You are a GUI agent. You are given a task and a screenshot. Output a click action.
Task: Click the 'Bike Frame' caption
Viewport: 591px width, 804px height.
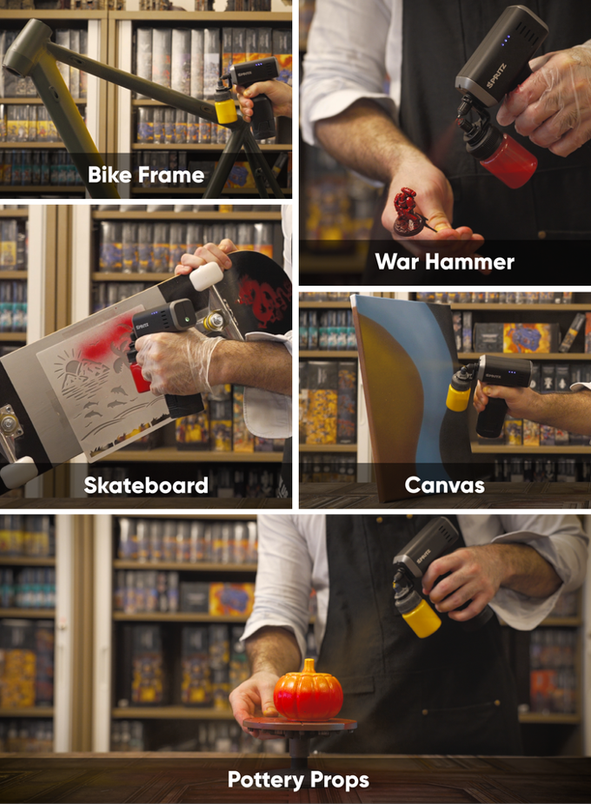click(x=146, y=175)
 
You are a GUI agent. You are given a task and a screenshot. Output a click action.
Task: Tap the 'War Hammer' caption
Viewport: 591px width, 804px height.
click(x=444, y=261)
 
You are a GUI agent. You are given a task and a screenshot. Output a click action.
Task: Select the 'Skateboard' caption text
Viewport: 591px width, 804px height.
click(x=146, y=485)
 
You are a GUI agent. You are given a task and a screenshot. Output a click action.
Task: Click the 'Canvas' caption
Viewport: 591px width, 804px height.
click(x=444, y=485)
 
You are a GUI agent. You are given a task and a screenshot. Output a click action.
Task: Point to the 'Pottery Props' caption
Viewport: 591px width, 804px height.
click(x=298, y=780)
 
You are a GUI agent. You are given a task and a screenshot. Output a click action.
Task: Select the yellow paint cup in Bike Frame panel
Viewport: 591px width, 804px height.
click(x=226, y=109)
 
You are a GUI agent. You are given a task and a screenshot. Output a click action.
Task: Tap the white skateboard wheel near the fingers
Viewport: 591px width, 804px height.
click(x=206, y=276)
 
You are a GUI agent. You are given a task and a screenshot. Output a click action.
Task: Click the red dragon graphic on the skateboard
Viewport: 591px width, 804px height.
click(x=263, y=298)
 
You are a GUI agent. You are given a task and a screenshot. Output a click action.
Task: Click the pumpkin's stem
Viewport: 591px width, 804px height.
click(x=308, y=666)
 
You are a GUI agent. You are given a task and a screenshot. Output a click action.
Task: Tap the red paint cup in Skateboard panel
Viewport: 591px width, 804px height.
click(x=141, y=376)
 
